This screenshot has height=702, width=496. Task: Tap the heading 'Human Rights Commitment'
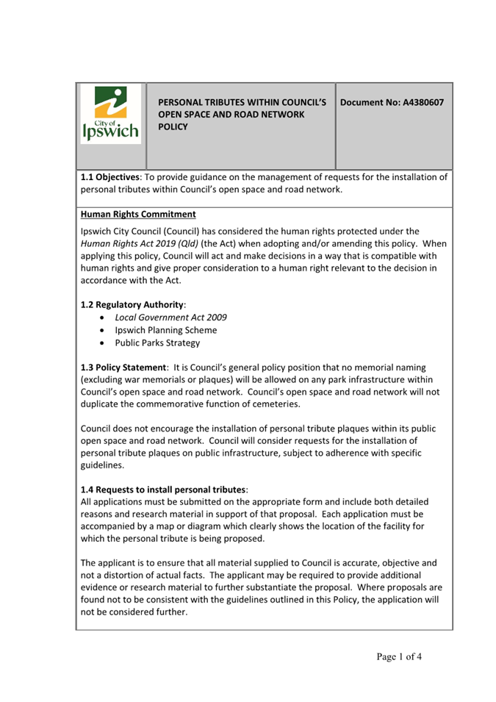(138, 215)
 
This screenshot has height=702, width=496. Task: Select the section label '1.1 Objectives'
(109, 177)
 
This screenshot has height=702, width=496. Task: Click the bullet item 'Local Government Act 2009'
(170, 317)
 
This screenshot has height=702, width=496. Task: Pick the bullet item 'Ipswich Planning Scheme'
(165, 330)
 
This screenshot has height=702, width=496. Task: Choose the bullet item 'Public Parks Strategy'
(157, 343)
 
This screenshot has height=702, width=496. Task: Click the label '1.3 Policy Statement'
(123, 367)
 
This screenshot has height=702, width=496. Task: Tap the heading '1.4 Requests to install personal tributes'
(163, 489)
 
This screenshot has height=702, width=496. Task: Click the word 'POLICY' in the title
(173, 127)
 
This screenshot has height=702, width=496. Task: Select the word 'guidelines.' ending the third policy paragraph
(102, 465)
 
